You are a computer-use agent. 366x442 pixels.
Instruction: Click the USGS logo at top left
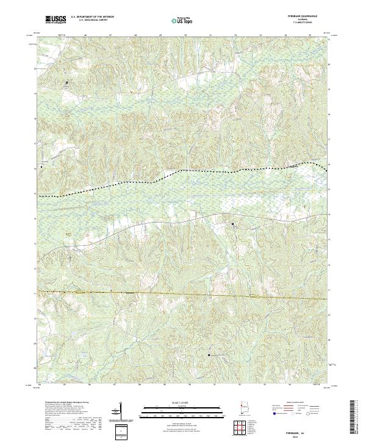tap(56, 20)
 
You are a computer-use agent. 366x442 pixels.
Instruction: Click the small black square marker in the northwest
tap(68, 82)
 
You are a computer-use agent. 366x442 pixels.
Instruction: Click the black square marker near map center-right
tap(232, 224)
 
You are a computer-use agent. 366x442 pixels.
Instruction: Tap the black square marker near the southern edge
tap(209, 354)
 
